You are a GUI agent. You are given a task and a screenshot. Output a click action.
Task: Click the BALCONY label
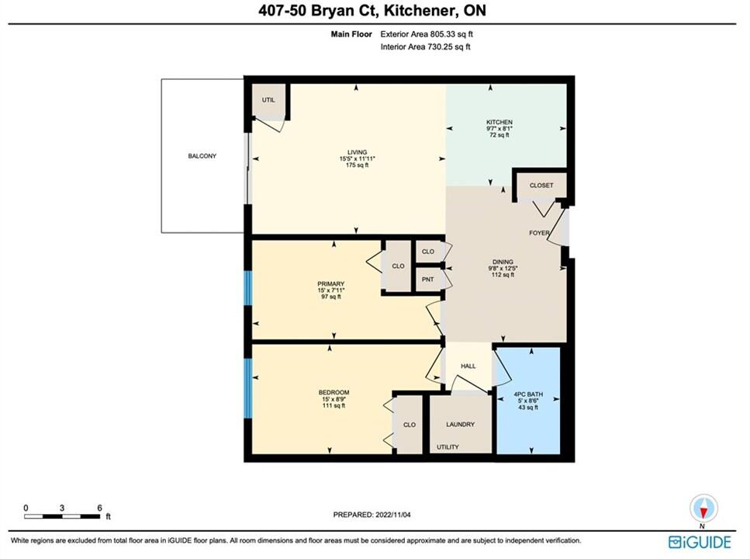[202, 156]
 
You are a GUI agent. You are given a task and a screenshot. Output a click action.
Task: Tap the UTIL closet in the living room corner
[269, 102]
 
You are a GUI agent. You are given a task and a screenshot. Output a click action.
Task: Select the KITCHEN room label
[499, 122]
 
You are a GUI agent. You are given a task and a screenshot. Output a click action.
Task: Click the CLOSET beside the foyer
[541, 186]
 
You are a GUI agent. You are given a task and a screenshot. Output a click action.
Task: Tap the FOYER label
[539, 233]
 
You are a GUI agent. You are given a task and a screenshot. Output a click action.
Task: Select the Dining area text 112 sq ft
[503, 275]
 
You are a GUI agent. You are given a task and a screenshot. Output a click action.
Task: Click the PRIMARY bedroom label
[331, 284]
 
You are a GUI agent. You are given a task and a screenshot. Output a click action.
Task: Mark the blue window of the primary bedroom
[247, 288]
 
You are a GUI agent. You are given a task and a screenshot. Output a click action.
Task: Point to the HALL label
[468, 366]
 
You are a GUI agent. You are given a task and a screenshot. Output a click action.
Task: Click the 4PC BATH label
[528, 394]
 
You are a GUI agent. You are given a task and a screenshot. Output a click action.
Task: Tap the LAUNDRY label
[460, 425]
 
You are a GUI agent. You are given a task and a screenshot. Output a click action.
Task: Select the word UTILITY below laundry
[448, 447]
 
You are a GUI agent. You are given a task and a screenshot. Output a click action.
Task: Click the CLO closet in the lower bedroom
[409, 425]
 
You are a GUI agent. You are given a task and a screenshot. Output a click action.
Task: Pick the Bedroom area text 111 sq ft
[334, 406]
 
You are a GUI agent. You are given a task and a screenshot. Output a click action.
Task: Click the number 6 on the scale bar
[99, 508]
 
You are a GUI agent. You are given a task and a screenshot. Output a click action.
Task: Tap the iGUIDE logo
[700, 542]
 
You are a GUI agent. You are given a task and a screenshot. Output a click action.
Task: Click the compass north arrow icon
[703, 509]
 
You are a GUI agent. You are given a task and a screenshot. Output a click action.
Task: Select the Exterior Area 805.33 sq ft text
[427, 34]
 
